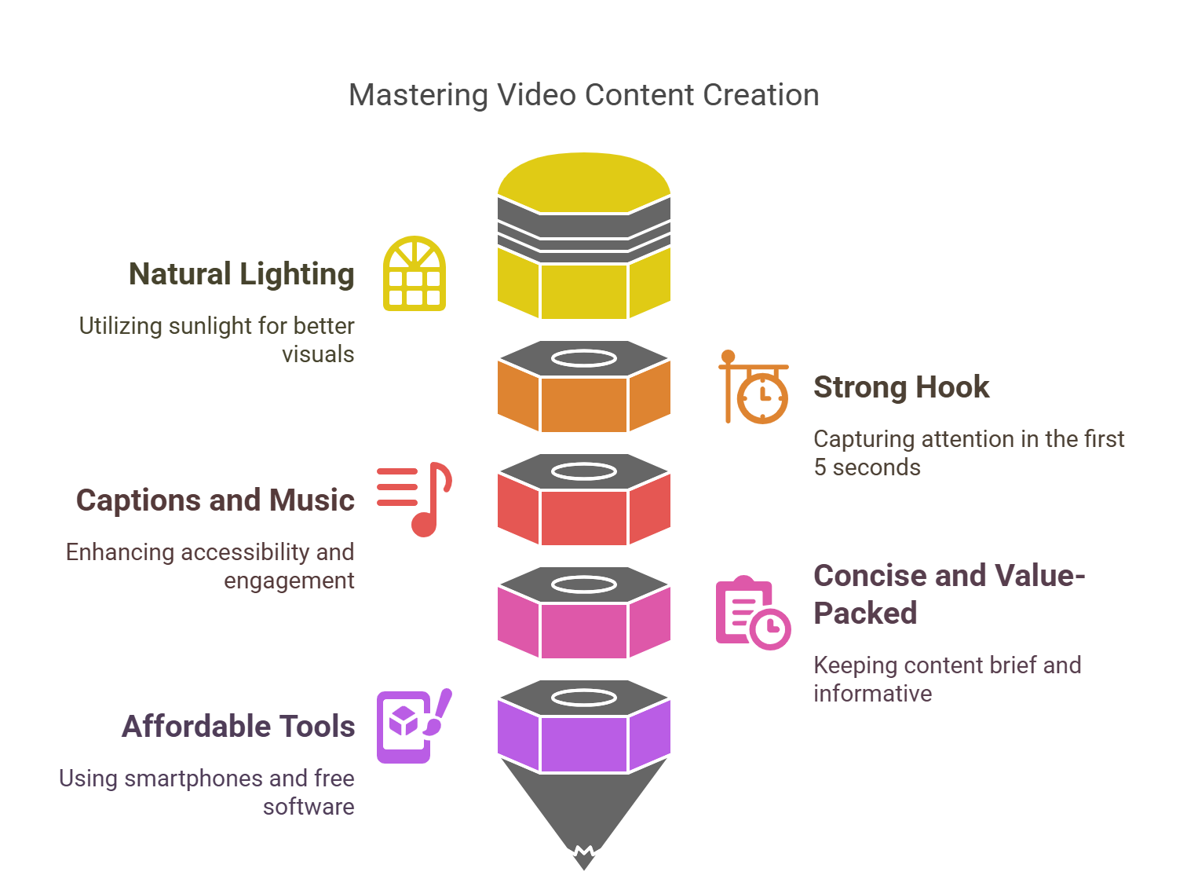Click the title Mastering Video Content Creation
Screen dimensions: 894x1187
[x=583, y=95]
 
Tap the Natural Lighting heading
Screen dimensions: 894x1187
[x=241, y=274]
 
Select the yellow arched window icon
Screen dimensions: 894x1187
[x=415, y=273]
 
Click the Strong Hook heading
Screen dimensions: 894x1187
[x=900, y=387]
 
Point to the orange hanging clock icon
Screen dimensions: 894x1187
[x=754, y=388]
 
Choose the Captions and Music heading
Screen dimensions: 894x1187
[x=215, y=500]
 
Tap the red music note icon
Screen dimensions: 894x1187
[x=416, y=499]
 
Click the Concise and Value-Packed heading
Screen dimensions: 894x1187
[x=948, y=594]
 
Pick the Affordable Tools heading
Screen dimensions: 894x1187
[x=238, y=727]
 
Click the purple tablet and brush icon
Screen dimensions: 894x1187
[x=414, y=726]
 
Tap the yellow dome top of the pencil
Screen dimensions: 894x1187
[x=583, y=181]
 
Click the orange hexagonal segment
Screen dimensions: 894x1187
[x=583, y=403]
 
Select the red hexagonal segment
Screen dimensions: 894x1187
[x=583, y=516]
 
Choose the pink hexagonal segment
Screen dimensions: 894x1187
[x=583, y=629]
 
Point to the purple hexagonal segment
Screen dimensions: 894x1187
[x=583, y=742]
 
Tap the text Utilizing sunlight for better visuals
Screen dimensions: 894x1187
[x=217, y=339]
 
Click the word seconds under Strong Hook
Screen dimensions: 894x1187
[x=876, y=467]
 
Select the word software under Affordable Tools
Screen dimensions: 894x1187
[x=309, y=807]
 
